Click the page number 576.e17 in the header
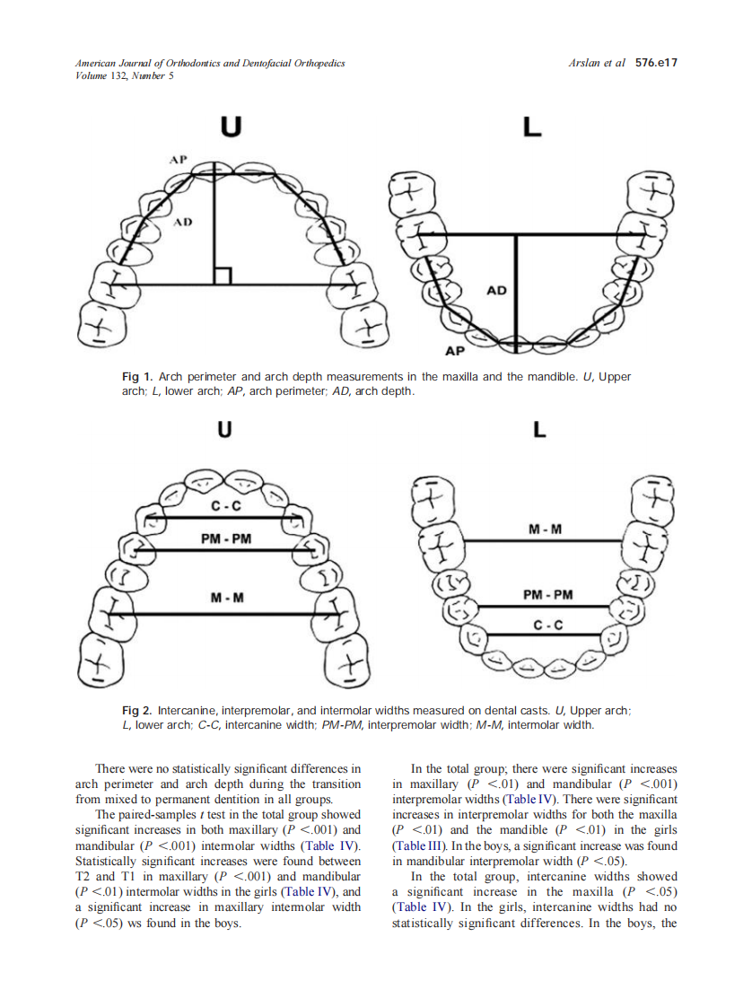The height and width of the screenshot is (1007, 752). (x=655, y=64)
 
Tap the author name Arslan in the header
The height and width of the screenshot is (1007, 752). (x=585, y=64)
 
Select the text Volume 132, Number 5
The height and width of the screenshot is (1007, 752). (x=124, y=76)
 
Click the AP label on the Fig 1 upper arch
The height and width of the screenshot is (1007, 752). (x=178, y=159)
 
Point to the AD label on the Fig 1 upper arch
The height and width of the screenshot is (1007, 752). (x=182, y=221)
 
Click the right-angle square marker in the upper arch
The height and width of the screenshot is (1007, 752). (x=223, y=276)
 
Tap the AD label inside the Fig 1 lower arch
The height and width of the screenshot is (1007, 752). (x=496, y=291)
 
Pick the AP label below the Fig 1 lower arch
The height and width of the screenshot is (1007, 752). (x=455, y=353)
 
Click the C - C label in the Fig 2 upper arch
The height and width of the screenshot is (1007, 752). (x=226, y=506)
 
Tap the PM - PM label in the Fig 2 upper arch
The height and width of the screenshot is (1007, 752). (x=226, y=539)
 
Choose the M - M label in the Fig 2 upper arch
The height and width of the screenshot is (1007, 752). (x=226, y=598)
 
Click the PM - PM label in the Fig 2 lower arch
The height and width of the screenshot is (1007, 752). (x=547, y=594)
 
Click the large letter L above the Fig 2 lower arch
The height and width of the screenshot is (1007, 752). (x=539, y=431)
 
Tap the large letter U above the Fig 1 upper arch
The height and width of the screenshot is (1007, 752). (x=231, y=127)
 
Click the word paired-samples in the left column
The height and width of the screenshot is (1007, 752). (x=172, y=815)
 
